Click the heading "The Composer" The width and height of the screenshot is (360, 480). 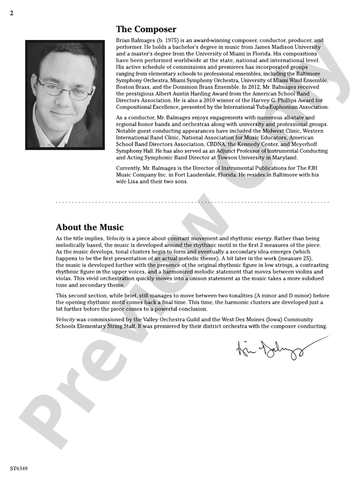(146, 29)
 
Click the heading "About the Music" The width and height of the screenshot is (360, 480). (89, 227)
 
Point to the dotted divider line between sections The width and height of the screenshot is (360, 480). (192, 202)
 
